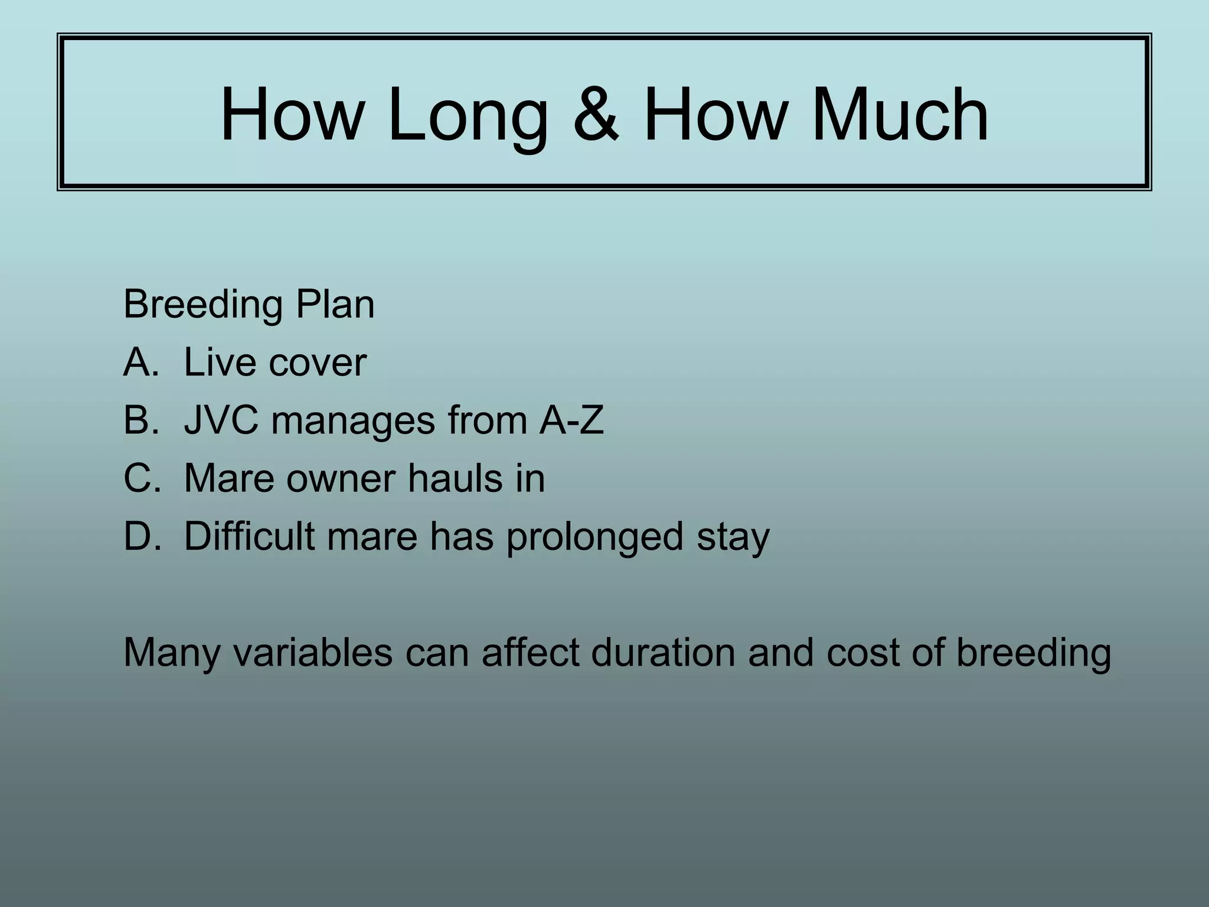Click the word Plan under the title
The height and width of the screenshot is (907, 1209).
[335, 305]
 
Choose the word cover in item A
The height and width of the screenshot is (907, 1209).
[318, 363]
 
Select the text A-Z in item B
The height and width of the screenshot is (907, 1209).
[571, 420]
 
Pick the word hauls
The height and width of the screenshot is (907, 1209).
[451, 478]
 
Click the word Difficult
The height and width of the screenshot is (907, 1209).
[249, 536]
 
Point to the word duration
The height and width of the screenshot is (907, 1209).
[664, 652]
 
